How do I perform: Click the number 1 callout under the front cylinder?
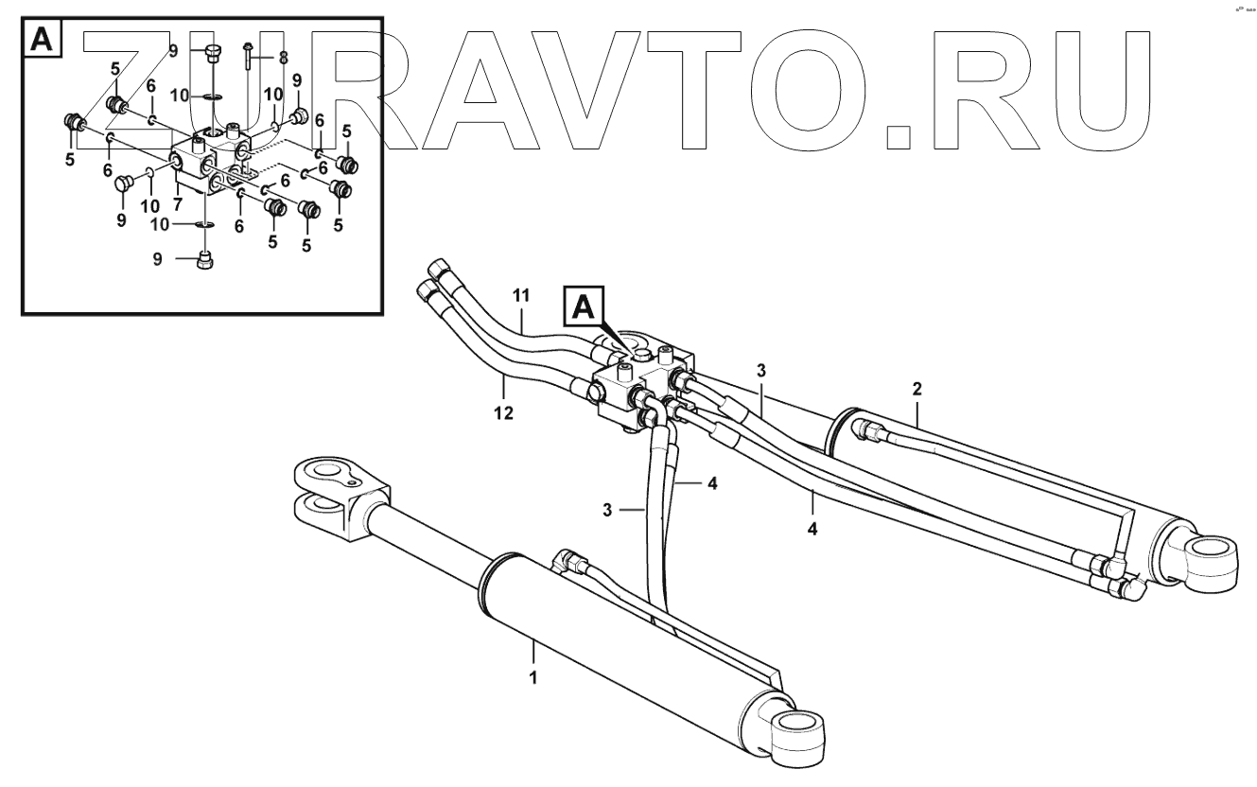pos(533,678)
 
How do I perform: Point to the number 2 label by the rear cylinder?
pos(917,388)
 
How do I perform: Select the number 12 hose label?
pos(503,413)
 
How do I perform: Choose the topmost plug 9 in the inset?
pos(211,53)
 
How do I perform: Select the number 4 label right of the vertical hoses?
pos(711,482)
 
